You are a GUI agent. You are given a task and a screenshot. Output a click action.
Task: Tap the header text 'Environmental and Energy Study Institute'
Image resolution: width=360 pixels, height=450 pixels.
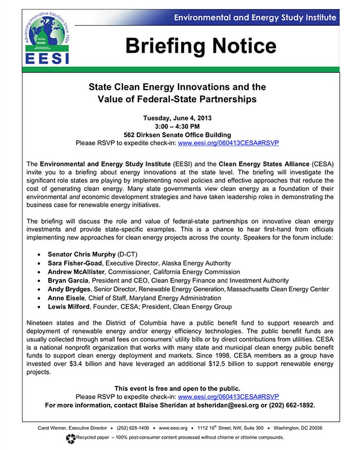tap(255, 18)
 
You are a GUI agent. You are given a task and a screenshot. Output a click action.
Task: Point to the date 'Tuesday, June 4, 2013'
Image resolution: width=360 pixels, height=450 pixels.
tap(177, 118)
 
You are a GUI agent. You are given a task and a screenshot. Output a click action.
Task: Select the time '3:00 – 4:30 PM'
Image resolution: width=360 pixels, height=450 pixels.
tap(177, 126)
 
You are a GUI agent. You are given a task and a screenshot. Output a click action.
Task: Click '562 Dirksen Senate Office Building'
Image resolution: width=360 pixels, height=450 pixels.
tap(177, 134)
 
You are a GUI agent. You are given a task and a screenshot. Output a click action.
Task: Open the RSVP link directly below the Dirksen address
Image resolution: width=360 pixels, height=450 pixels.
tap(228, 143)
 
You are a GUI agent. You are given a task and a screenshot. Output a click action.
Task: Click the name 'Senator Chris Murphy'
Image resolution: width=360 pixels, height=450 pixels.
tap(82, 254)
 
